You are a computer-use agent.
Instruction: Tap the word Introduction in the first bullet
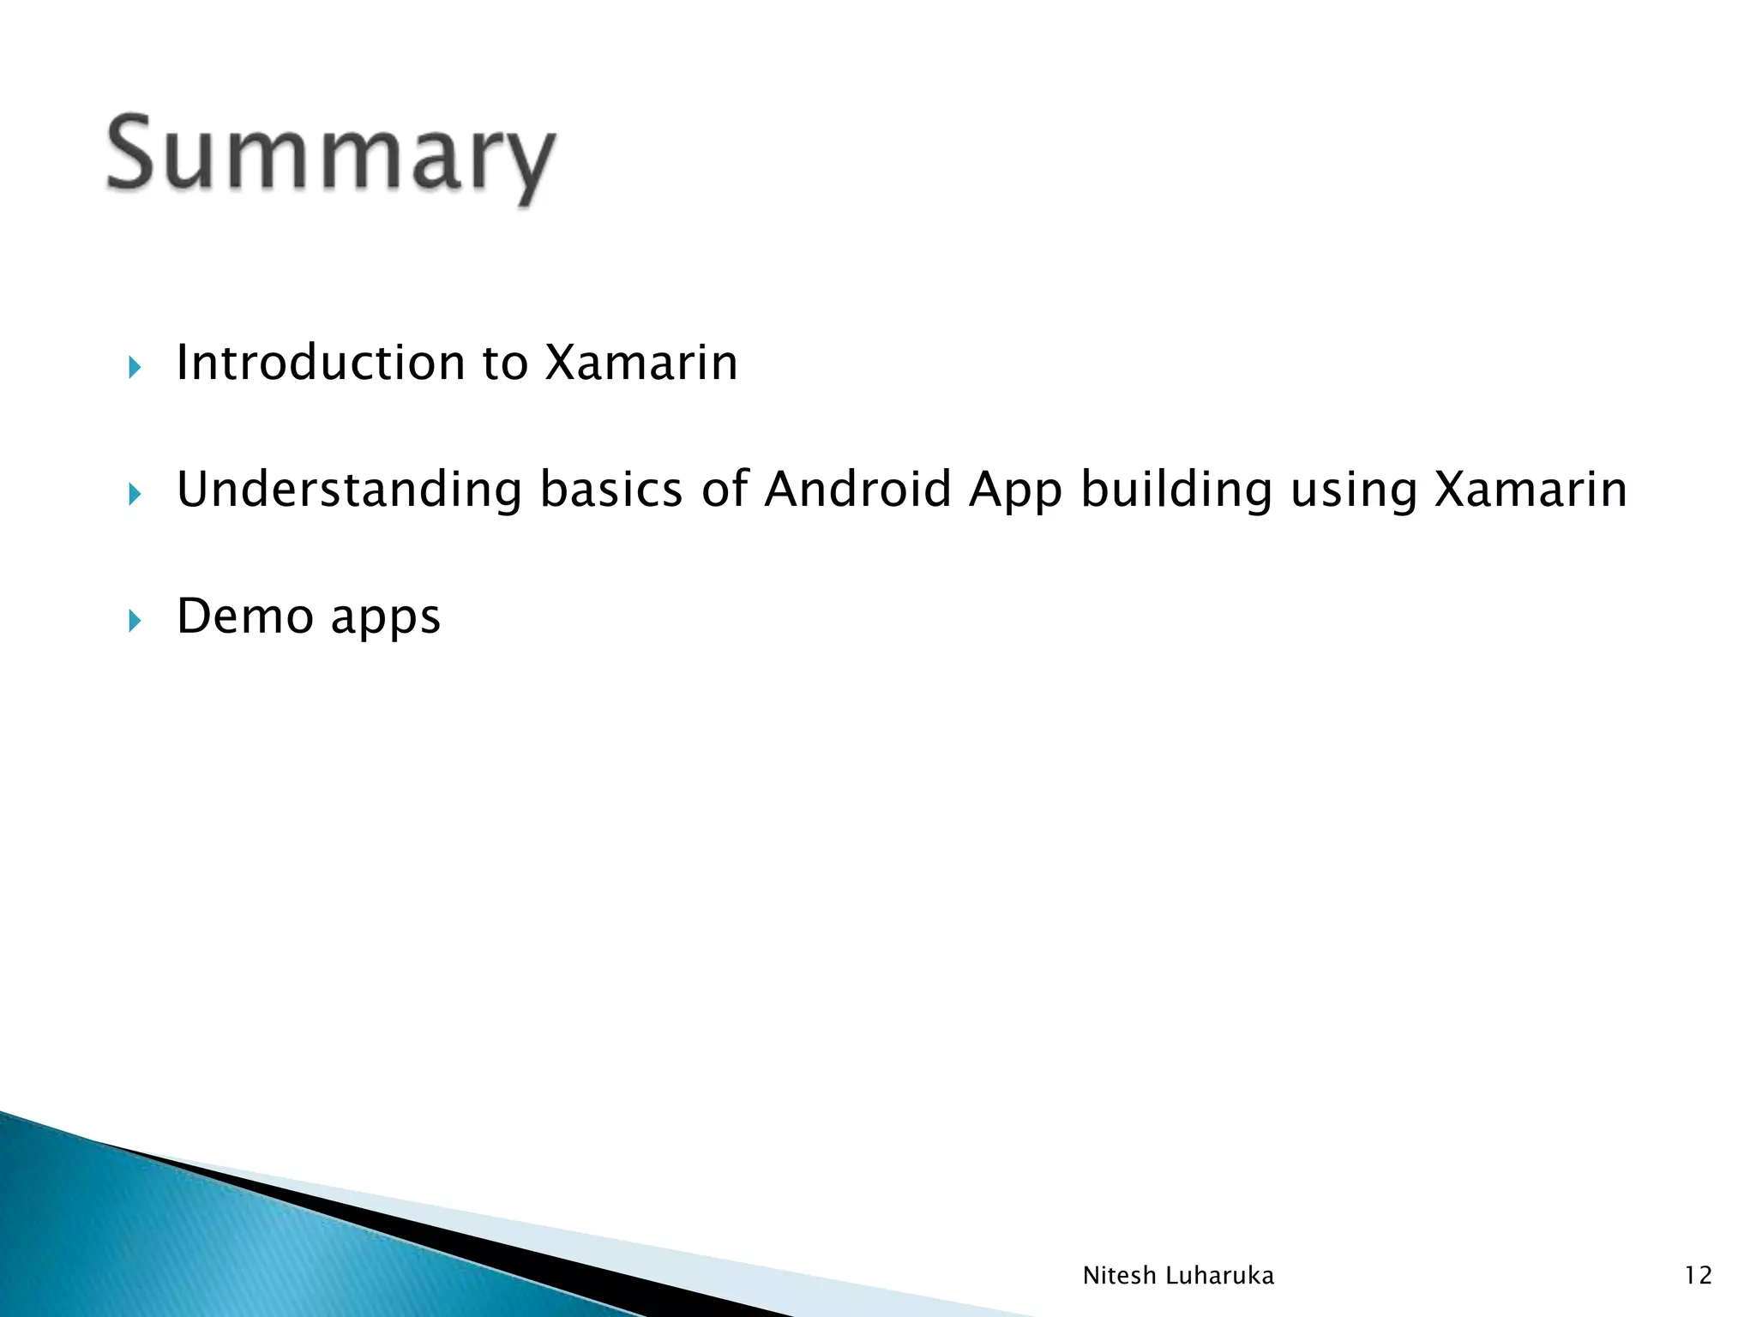click(x=322, y=362)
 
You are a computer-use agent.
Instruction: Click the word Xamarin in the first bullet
click(x=641, y=362)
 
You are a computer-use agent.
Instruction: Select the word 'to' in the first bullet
click(x=504, y=362)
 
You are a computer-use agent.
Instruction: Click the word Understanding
click(x=349, y=490)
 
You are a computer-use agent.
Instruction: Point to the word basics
click(x=611, y=490)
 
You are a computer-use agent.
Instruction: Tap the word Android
click(x=857, y=490)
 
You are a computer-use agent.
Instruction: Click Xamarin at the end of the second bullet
click(x=1530, y=490)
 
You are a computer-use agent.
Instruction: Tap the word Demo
click(x=244, y=616)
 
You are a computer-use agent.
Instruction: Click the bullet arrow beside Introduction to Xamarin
click(x=134, y=368)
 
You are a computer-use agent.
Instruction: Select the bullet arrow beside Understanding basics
click(x=134, y=494)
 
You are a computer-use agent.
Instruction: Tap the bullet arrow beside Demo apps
click(x=134, y=620)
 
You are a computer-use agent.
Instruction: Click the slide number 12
click(x=1698, y=1276)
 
